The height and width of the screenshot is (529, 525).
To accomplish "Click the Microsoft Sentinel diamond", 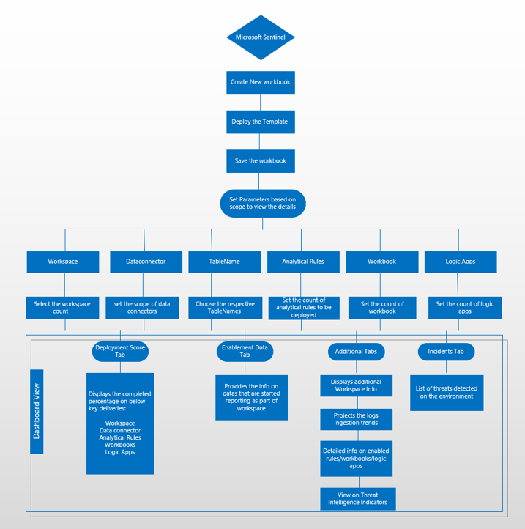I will pyautogui.click(x=261, y=37).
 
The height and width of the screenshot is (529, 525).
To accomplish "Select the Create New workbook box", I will pyautogui.click(x=261, y=82).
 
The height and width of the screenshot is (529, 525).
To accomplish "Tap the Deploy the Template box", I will pyautogui.click(x=261, y=122).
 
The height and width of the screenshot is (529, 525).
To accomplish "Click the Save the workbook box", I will pyautogui.click(x=261, y=161).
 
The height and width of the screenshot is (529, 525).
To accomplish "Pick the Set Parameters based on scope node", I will pyautogui.click(x=263, y=203).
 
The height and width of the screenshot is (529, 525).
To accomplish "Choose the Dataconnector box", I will pyautogui.click(x=146, y=262).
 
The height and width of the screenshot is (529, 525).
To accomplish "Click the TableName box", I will pyautogui.click(x=224, y=262).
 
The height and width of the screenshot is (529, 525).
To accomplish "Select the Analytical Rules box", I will pyautogui.click(x=303, y=262).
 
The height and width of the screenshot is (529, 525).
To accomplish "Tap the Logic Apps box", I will pyautogui.click(x=461, y=262).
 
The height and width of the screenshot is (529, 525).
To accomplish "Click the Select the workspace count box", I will pyautogui.click(x=62, y=308).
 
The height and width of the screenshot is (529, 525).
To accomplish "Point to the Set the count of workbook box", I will pyautogui.click(x=382, y=308).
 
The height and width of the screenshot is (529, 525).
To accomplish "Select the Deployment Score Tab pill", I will pyautogui.click(x=121, y=352).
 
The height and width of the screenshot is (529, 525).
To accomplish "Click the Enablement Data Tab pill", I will pyautogui.click(x=245, y=352).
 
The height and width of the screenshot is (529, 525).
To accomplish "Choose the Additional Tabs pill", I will pyautogui.click(x=356, y=352).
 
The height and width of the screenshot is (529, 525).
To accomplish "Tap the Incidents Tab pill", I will pyautogui.click(x=446, y=352).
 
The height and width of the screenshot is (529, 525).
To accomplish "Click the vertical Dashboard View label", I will pyautogui.click(x=37, y=412).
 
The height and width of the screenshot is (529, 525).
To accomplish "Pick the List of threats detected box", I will pyautogui.click(x=447, y=393).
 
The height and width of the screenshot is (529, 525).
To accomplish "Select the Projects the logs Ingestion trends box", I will pyautogui.click(x=357, y=419).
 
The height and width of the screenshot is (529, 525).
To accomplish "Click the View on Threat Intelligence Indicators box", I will pyautogui.click(x=358, y=499).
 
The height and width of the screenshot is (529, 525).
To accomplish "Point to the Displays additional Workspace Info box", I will pyautogui.click(x=357, y=386).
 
